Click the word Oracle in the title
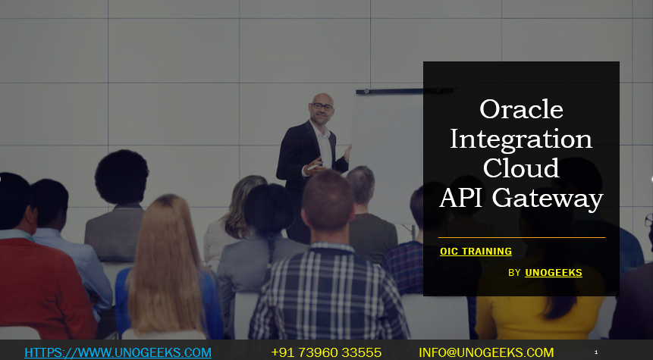tap(521, 109)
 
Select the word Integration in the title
tap(521, 139)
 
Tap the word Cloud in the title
tap(521, 167)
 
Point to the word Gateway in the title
tap(547, 198)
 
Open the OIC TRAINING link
tap(476, 252)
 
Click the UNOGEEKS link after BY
tap(554, 272)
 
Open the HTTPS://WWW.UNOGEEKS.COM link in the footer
tap(118, 352)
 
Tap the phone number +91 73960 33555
tap(326, 352)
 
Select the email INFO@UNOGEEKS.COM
tap(486, 352)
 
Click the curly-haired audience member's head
tap(121, 176)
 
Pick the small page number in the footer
tap(596, 352)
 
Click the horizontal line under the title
tap(521, 237)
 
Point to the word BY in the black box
tap(514, 273)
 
